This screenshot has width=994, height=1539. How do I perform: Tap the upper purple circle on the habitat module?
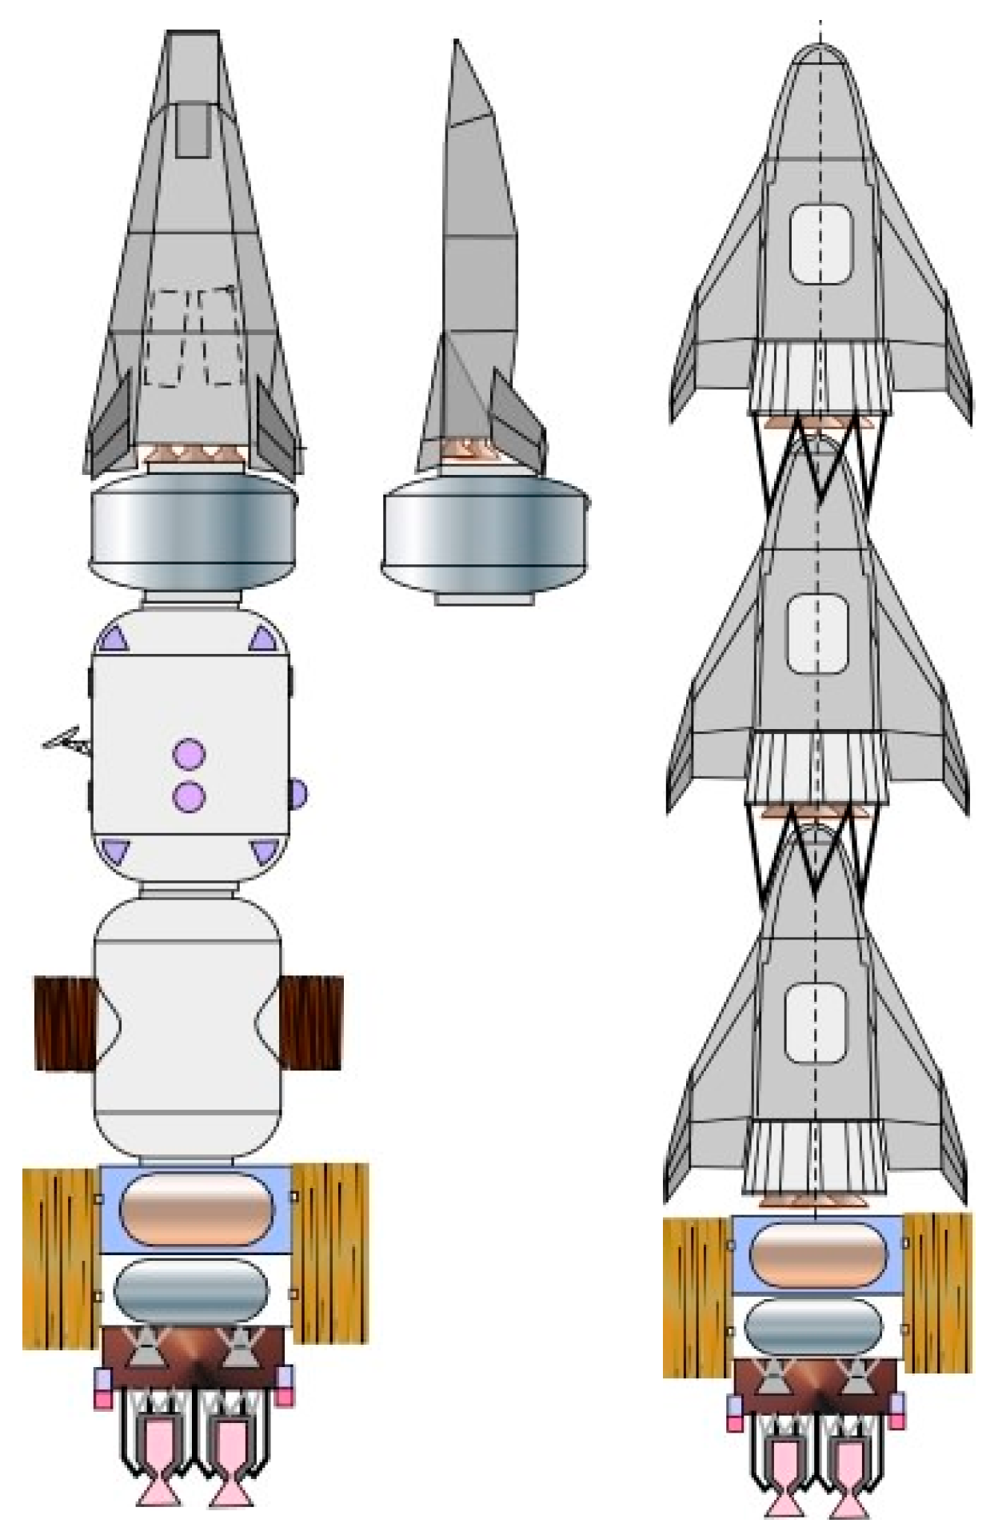pyautogui.click(x=190, y=754)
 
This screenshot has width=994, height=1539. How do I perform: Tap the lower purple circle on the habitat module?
pyautogui.click(x=190, y=796)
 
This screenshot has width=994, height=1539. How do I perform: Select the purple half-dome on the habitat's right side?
pyautogui.click(x=297, y=793)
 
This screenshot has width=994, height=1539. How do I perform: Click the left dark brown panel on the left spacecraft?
pyautogui.click(x=66, y=1023)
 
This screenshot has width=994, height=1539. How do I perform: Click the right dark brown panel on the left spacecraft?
pyautogui.click(x=310, y=1023)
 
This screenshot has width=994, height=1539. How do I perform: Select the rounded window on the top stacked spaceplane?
pyautogui.click(x=820, y=244)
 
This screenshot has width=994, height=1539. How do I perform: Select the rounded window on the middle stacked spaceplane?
pyautogui.click(x=816, y=634)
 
